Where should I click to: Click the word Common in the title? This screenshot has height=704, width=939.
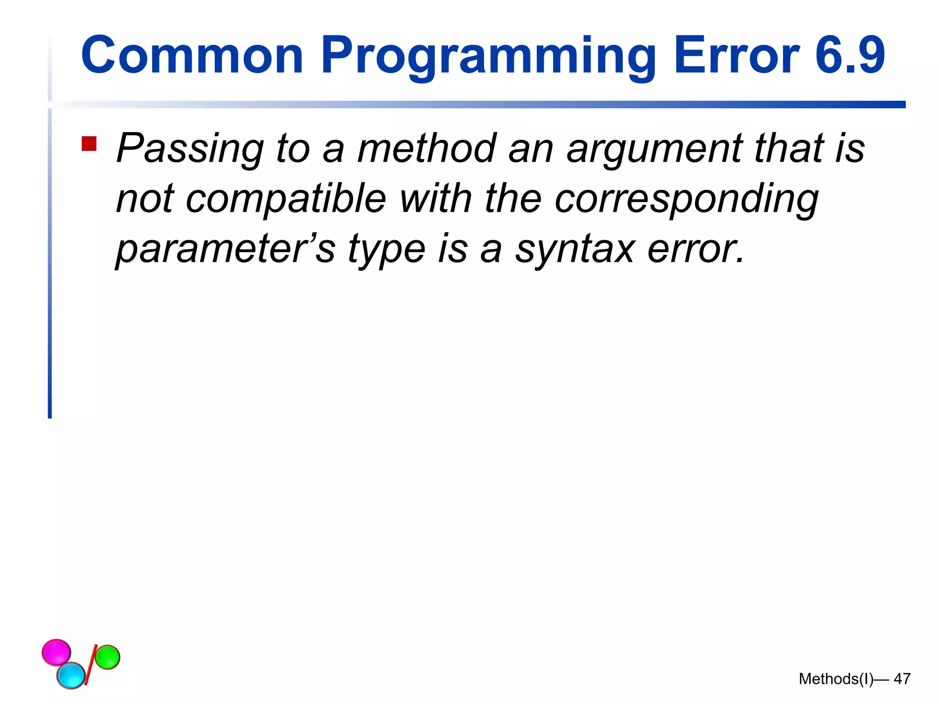coord(192,56)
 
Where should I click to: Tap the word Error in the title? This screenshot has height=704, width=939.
coord(736,56)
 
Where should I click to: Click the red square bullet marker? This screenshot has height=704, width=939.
coord(89,143)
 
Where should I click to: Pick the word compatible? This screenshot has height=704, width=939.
coord(286,199)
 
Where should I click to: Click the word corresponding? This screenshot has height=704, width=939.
coord(686,199)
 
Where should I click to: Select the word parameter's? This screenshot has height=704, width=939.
coord(225,249)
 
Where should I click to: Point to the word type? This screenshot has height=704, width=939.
coord(387,250)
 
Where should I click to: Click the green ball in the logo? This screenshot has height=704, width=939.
coord(107,657)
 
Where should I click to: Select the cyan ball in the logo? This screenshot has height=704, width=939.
coord(71,675)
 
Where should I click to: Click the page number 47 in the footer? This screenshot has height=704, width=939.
coord(902,679)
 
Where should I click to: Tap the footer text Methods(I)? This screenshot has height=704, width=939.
coord(836,679)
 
